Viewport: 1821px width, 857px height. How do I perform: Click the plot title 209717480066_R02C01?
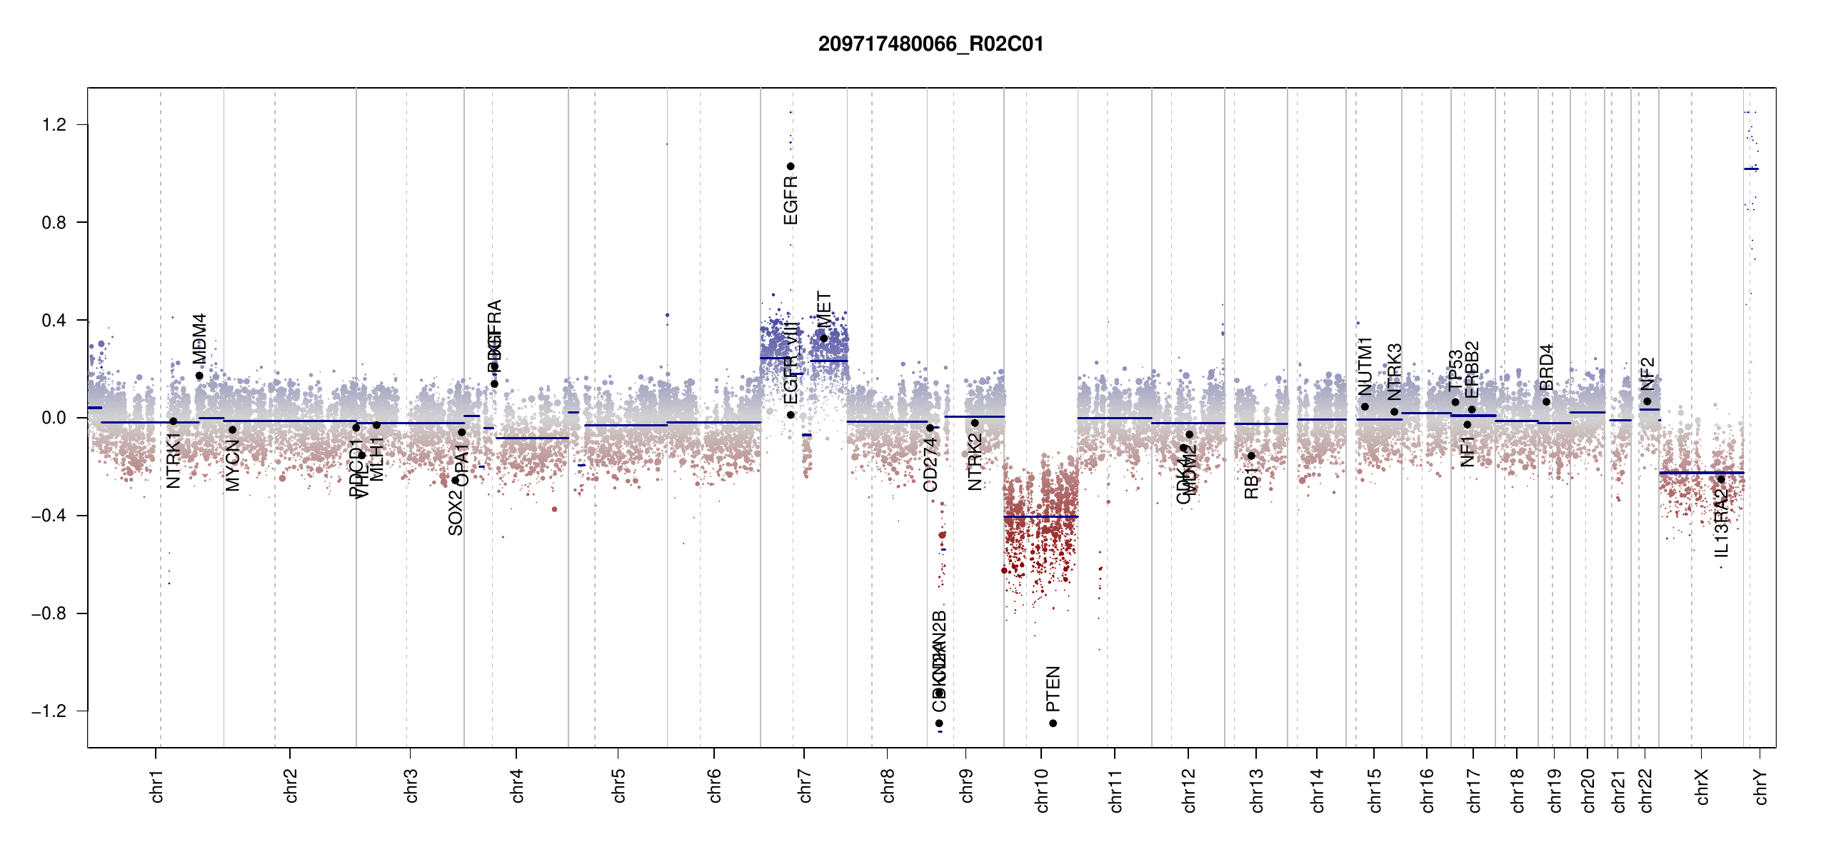930,44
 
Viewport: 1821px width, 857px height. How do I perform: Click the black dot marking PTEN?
1053,723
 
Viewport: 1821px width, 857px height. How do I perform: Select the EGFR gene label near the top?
791,201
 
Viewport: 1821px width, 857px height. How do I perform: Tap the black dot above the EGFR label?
791,166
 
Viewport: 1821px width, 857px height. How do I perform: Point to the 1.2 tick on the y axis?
54,125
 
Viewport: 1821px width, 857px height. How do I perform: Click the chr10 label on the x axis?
1042,791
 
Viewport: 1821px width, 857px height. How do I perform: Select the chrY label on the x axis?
1761,787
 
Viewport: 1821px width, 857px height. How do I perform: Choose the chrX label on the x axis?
1702,787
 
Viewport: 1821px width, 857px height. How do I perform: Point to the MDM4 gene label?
200,339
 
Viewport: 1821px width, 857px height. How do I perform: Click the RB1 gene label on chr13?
1251,483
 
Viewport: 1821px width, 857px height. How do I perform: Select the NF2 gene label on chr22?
1647,374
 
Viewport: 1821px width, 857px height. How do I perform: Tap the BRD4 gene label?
1547,367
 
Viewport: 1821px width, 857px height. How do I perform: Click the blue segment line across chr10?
1040,516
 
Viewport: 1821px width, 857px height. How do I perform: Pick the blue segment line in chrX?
1701,473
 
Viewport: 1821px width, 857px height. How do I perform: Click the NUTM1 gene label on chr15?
1365,366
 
